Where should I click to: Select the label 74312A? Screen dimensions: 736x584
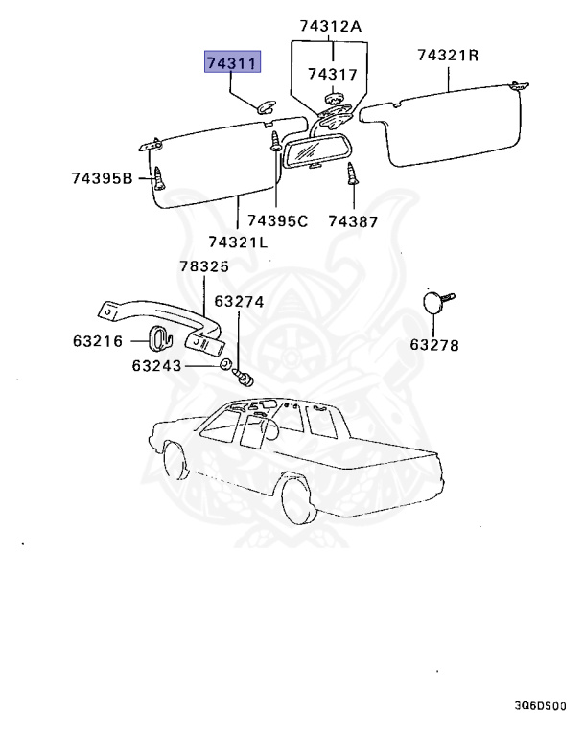pyautogui.click(x=329, y=28)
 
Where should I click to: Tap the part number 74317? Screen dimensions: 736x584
pyautogui.click(x=332, y=73)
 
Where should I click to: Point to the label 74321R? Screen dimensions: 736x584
pyautogui.click(x=447, y=55)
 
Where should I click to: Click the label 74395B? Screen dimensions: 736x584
pyautogui.click(x=101, y=177)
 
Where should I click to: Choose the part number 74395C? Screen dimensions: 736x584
pyautogui.click(x=277, y=221)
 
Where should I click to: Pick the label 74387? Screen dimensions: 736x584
pyautogui.click(x=352, y=221)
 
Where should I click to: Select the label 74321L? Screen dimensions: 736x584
pyautogui.click(x=237, y=241)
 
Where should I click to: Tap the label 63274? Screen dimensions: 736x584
pyautogui.click(x=239, y=301)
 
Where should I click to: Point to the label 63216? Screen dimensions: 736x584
pyautogui.click(x=99, y=339)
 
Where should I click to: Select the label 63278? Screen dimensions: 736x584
pyautogui.click(x=434, y=344)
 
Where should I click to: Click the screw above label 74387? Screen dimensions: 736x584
pyautogui.click(x=352, y=174)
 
